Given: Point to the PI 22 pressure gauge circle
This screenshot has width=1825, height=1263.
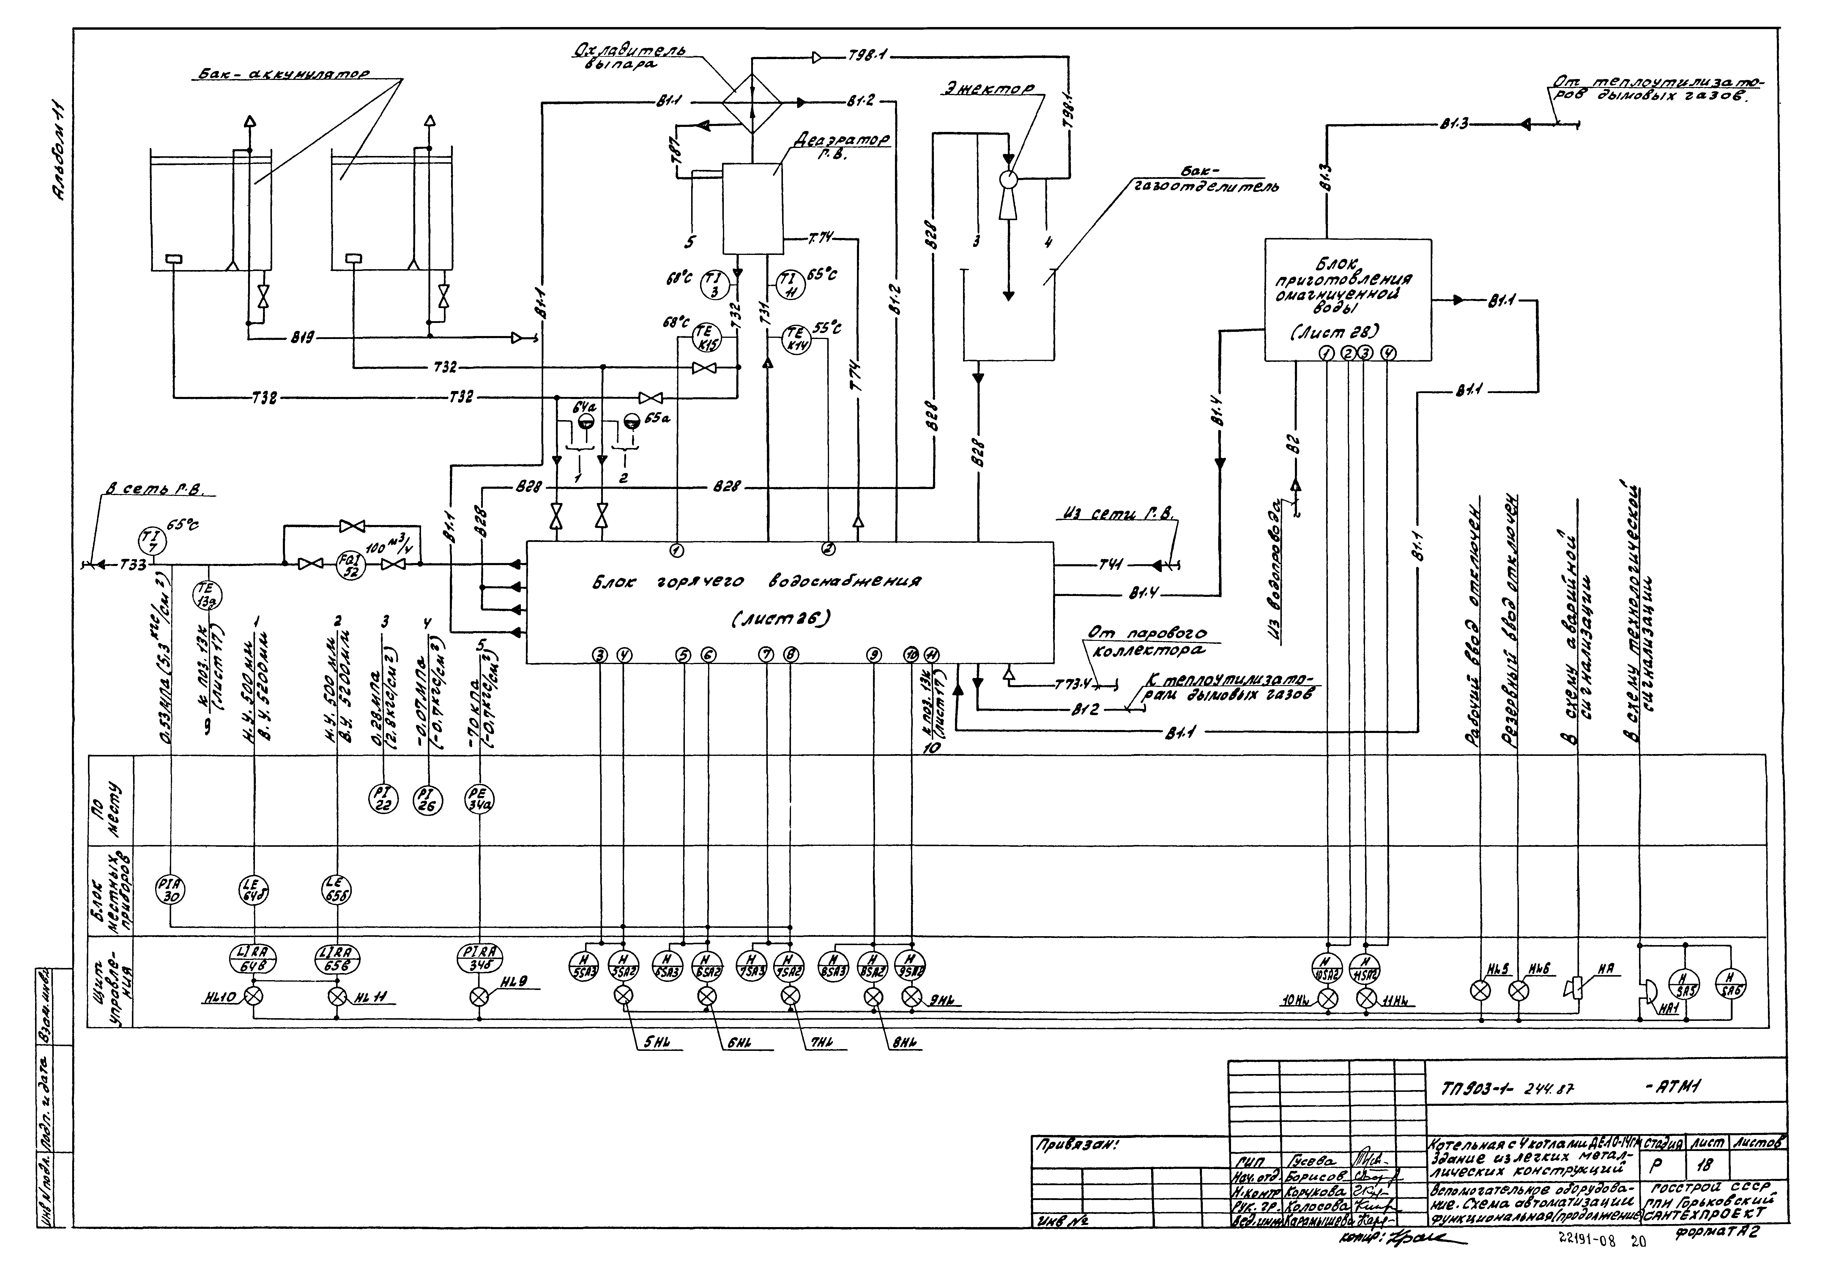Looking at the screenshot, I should pos(383,801).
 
